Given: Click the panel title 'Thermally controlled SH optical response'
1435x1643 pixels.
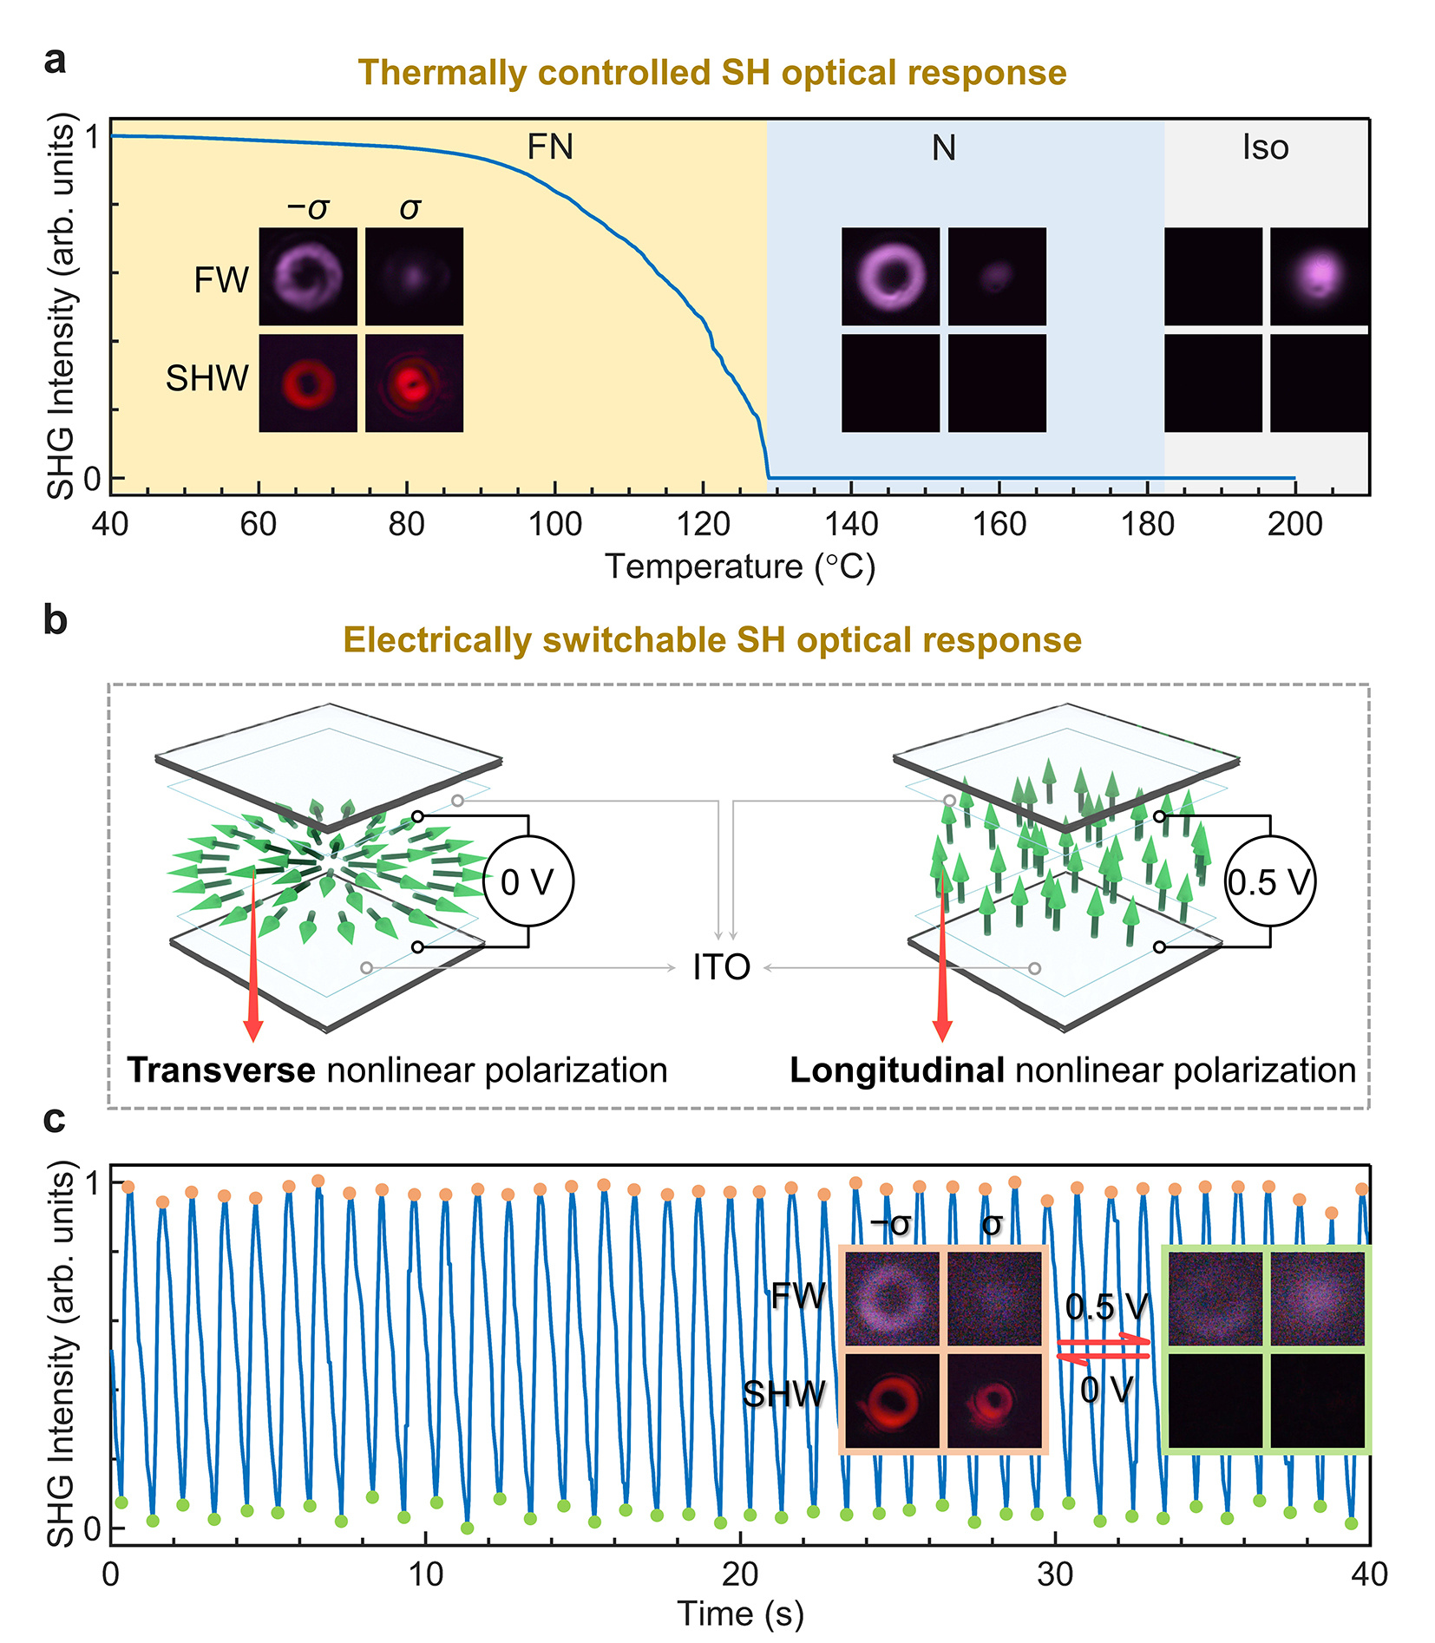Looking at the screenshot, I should [x=711, y=73].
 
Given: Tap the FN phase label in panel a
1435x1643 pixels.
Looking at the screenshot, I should [x=550, y=147].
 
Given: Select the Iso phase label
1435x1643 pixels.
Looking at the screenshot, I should [x=1265, y=147].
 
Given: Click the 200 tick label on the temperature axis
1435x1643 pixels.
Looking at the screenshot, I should [x=1294, y=524].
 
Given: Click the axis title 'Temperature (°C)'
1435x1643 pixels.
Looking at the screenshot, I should [x=740, y=566].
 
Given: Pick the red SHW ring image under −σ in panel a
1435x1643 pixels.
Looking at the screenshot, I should [x=308, y=383].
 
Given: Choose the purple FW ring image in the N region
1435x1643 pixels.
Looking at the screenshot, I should [x=890, y=277].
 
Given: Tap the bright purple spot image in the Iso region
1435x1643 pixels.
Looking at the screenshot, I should [x=1319, y=277].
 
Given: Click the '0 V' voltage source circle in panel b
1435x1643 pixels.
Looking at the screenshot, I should [x=527, y=882].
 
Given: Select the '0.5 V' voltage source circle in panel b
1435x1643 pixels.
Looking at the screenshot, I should [x=1269, y=882].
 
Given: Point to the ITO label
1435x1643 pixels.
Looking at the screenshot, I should [x=721, y=967].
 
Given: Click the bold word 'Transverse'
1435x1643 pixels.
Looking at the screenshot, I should [x=221, y=1070].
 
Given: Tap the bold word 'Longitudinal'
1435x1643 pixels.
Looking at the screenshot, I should [x=897, y=1070].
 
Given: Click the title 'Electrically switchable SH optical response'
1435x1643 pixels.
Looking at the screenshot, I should [x=711, y=640].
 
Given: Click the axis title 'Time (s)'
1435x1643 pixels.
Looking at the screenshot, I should [x=740, y=1614].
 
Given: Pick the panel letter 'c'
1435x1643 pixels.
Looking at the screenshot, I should [x=54, y=1119].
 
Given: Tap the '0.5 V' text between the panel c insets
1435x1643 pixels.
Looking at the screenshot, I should [x=1106, y=1306].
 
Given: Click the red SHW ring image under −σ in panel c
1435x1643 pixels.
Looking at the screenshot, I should [x=891, y=1399].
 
